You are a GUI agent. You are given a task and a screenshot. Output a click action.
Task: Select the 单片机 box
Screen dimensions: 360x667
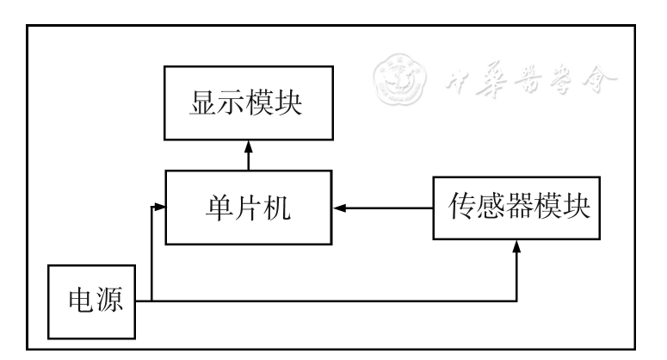click(249, 207)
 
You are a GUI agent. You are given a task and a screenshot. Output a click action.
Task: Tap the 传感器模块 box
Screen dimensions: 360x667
click(516, 208)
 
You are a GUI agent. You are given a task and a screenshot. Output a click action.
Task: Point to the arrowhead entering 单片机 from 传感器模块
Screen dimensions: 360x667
click(340, 208)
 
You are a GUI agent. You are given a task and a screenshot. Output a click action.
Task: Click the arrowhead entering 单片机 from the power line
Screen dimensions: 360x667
click(158, 207)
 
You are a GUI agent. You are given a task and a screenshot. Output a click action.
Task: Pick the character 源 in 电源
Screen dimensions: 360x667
click(108, 301)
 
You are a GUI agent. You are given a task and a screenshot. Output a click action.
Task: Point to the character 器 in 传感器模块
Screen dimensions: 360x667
click(517, 208)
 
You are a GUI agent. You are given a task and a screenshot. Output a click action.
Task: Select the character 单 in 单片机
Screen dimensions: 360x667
click(218, 208)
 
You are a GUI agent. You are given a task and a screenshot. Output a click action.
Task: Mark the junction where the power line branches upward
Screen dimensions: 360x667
click(151, 301)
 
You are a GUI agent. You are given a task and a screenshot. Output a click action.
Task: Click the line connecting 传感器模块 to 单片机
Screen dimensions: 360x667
click(387, 208)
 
